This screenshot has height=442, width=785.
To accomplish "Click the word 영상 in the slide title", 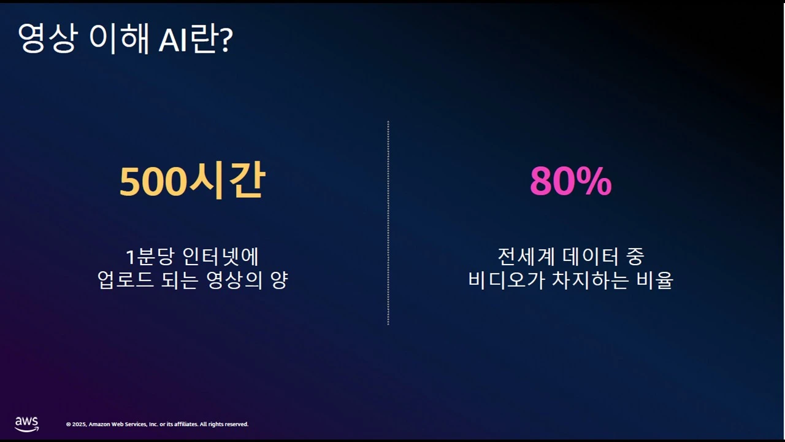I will pos(46,40).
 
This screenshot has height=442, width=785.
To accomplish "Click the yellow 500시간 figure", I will pos(192,182).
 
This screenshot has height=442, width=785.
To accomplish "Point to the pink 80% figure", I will pos(570,182).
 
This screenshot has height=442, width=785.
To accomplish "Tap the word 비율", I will pos(656,281).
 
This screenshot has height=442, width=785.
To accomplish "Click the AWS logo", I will pos(26,424).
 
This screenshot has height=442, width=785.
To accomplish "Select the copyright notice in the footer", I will pos(157,424).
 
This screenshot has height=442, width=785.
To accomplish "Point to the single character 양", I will pos(279,281).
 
